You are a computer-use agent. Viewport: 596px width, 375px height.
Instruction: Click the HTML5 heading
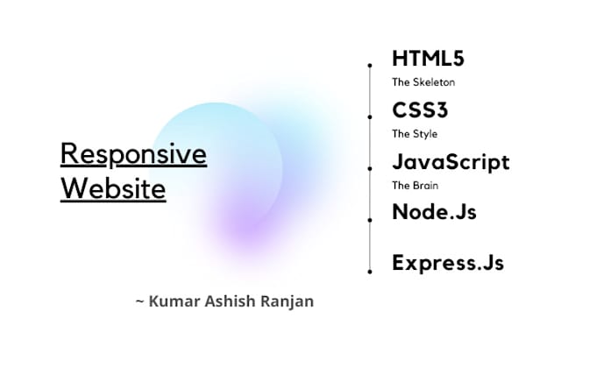point(428,59)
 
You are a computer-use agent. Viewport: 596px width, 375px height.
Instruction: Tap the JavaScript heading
point(451,162)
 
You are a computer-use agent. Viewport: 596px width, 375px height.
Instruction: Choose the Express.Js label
point(448,262)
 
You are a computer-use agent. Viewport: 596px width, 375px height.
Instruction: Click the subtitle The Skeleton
point(423,83)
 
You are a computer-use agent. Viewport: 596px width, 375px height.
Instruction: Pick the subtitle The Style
point(415,134)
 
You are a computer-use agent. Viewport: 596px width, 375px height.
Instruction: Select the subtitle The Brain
point(415,185)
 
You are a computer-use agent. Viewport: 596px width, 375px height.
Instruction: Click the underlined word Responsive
point(133,154)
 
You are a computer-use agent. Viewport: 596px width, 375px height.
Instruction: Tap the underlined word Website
point(113,188)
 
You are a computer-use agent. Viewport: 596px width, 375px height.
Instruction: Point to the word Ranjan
point(287,301)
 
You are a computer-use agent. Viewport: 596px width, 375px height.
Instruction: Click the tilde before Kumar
point(139,301)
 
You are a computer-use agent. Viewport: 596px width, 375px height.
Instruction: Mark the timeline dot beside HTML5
point(370,64)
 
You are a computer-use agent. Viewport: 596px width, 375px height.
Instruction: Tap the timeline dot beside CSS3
point(370,115)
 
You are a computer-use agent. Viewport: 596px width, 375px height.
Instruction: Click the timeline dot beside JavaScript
point(370,166)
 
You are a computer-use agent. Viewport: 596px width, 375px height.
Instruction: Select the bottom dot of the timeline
point(370,272)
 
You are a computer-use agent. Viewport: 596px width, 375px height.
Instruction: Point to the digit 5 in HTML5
point(457,59)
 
